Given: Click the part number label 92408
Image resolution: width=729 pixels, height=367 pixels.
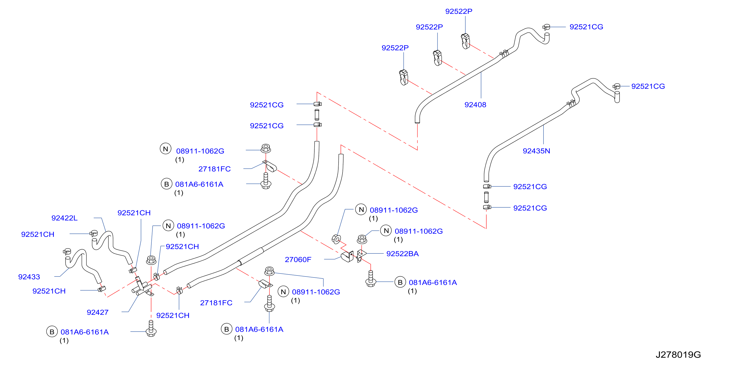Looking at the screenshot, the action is point(475,105).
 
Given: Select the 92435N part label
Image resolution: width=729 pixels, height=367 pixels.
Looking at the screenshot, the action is point(536,151).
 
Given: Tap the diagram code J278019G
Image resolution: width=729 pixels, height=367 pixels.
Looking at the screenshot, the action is point(678,355).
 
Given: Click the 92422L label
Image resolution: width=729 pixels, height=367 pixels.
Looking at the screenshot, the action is point(64,218).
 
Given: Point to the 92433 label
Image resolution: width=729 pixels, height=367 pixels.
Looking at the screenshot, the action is point(29,277).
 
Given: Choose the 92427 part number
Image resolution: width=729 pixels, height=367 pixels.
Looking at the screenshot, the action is point(97,312).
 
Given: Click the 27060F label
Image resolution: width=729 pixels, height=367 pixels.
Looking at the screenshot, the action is point(298,260).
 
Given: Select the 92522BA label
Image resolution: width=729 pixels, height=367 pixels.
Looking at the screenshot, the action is point(403,254).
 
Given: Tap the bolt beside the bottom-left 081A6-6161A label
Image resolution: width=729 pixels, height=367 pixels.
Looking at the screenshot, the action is point(151,329).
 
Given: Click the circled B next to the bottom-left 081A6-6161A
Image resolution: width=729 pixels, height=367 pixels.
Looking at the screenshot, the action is point(52,332).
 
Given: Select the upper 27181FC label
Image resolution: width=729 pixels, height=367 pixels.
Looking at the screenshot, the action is point(215,169).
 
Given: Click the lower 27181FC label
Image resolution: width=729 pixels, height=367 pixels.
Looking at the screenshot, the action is point(216,303).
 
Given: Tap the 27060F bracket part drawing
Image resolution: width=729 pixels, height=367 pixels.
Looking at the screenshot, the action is point(347,256).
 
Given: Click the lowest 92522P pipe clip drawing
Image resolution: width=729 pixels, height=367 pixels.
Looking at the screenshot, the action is point(404,77).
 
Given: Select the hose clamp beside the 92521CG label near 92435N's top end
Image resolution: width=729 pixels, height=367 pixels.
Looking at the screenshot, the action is point(616,87).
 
